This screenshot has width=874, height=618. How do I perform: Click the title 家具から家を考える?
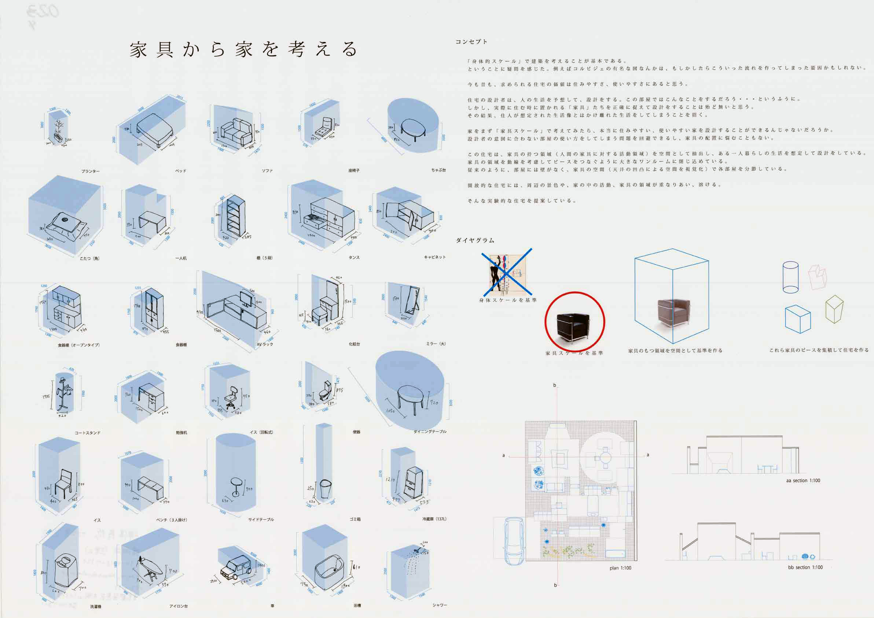pos(244,50)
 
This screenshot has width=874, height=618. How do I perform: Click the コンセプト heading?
pos(471,42)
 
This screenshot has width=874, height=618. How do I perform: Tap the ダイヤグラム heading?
pos(475,240)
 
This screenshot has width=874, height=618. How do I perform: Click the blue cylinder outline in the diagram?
pos(790,277)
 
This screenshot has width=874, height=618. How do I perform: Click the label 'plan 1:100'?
pos(620,568)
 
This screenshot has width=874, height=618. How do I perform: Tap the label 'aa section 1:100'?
pos(803,480)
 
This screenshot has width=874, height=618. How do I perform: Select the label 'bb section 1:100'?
pos(805,567)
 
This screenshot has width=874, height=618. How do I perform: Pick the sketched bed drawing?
pos(155,130)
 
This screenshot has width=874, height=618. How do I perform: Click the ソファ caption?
pos(267,171)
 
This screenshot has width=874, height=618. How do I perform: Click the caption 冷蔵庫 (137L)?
pos(434,519)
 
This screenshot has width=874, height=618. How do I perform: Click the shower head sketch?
pos(419,550)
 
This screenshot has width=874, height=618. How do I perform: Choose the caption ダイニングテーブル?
pos(430,432)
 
